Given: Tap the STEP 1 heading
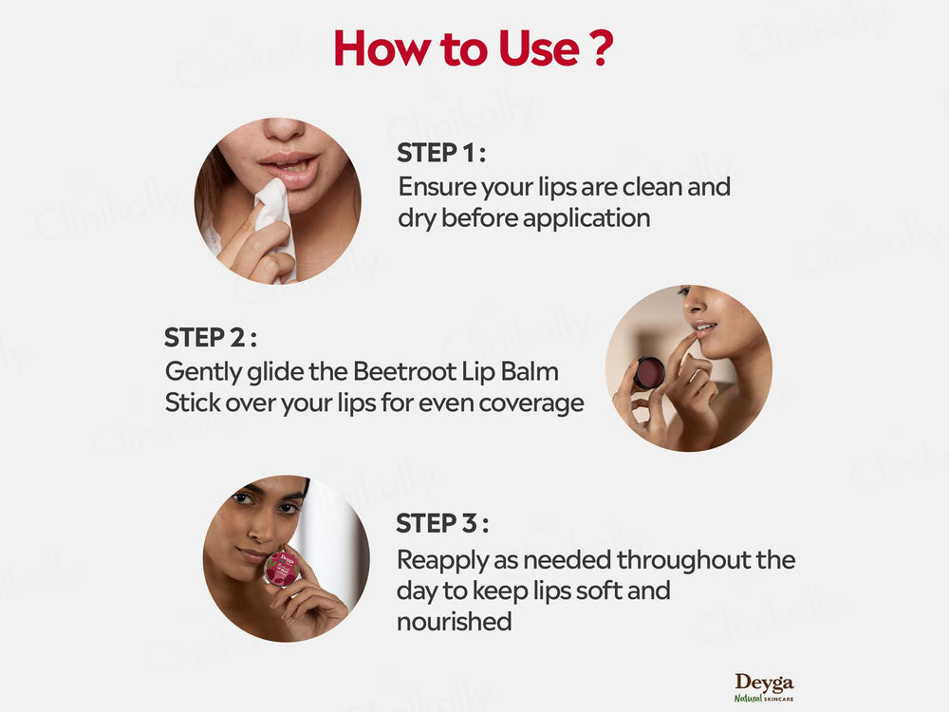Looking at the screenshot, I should [441, 153].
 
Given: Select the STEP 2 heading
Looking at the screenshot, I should [210, 337].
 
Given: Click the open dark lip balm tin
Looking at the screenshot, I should [649, 373].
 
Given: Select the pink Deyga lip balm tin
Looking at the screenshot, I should [281, 568].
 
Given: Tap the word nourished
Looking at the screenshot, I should [455, 622].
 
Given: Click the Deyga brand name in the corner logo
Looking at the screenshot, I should [764, 683].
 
